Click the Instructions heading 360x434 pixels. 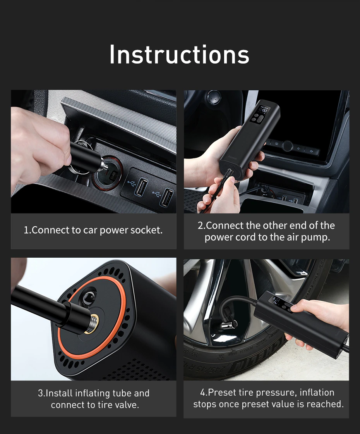click(179, 54)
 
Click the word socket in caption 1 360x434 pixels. click(146, 230)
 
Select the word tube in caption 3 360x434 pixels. click(122, 393)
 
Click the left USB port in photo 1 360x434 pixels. click(141, 187)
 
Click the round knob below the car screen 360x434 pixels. click(287, 146)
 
